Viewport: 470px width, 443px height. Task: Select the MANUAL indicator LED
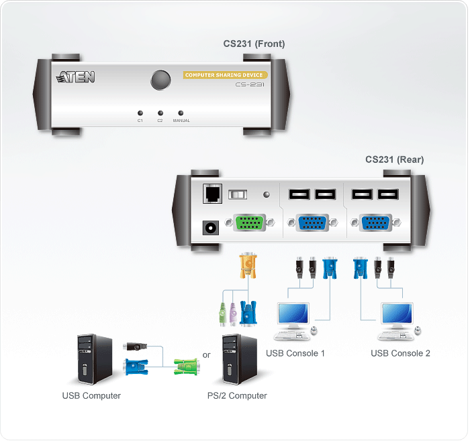click(181, 113)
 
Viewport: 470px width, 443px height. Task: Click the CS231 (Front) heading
click(254, 44)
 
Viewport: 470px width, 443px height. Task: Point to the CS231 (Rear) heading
click(394, 160)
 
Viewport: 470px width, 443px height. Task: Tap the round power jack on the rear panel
click(209, 227)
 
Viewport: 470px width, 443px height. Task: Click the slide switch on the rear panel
click(238, 194)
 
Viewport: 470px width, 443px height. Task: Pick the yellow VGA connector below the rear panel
click(248, 265)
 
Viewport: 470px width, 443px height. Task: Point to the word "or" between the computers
click(206, 355)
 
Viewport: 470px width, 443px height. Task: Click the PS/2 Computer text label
click(237, 395)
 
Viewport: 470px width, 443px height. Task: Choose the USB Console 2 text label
click(400, 353)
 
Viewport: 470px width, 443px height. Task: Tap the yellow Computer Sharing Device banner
click(226, 75)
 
